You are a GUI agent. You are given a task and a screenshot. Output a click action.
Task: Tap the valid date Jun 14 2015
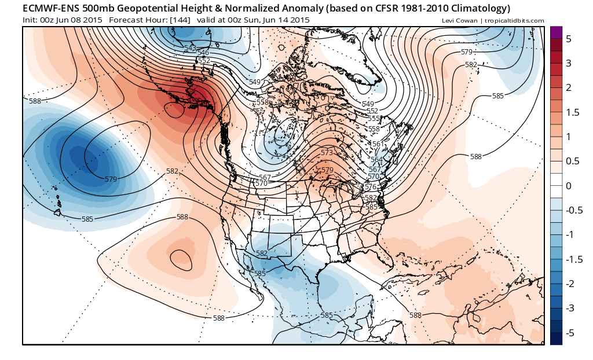point(281,20)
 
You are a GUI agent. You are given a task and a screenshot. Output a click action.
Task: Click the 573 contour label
point(327,152)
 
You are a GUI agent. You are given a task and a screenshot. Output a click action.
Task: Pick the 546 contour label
point(203,53)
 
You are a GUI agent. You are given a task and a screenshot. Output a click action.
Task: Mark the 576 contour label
point(371,187)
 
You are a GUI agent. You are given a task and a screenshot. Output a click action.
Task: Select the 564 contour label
point(376,160)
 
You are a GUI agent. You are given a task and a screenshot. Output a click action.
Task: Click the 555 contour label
point(374,118)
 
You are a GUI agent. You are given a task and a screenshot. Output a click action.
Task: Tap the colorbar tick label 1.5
point(572,112)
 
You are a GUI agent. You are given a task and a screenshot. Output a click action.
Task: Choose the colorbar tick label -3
point(569,308)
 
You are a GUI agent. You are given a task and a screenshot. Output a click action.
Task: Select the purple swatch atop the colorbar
point(556,32)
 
